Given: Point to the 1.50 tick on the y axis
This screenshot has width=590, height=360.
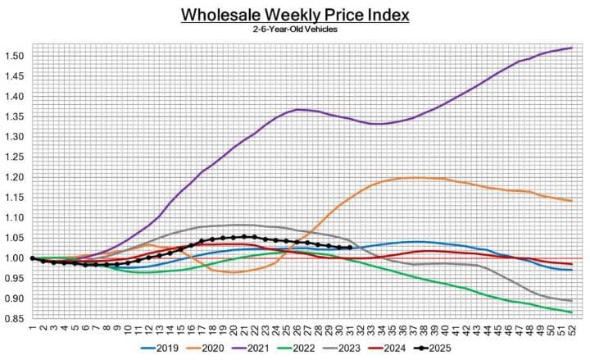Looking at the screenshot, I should coord(14,56).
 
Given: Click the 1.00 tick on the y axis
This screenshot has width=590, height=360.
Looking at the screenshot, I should coord(14,258).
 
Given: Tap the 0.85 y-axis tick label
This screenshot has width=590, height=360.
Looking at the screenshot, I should coord(14,319).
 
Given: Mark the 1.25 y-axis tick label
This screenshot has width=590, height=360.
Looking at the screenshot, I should coord(14,157).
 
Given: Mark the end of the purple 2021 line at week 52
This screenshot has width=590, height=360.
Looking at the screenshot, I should coord(571,48).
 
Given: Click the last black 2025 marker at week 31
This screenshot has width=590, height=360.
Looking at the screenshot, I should coord(350,248).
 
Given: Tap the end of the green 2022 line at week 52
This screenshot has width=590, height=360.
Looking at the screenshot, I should coord(571,312).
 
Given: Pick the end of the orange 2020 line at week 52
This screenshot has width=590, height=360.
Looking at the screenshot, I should coord(571,201).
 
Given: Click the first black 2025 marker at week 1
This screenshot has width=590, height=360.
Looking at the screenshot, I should coord(32,258).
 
